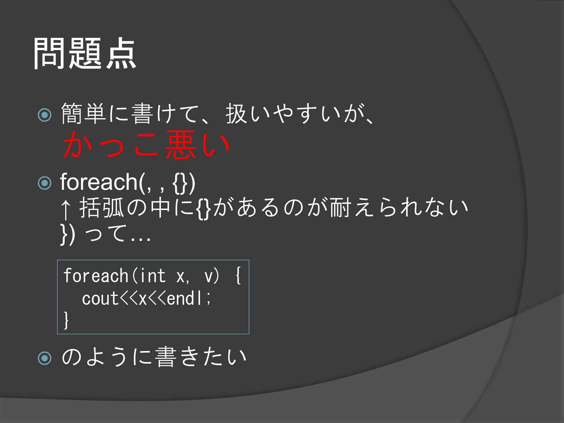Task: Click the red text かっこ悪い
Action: coord(146,145)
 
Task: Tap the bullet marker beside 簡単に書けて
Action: coord(45,115)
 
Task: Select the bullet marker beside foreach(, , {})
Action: coord(45,183)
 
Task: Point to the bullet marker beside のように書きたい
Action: coord(45,358)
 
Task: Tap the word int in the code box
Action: coord(153,276)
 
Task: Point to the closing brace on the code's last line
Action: coord(66,320)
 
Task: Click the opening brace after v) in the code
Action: coord(238,276)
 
